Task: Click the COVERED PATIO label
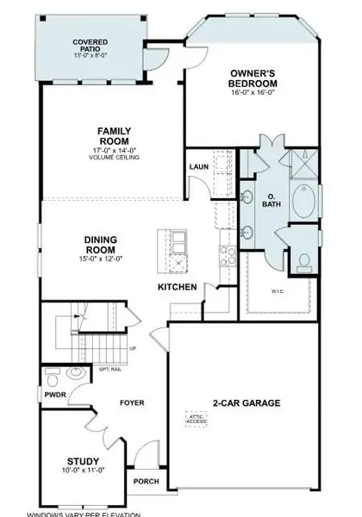(x=90, y=41)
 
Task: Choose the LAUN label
(x=198, y=166)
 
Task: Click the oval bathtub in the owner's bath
(x=303, y=201)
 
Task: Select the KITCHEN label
(x=177, y=287)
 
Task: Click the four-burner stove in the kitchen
(x=229, y=254)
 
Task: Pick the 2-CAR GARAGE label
(x=243, y=402)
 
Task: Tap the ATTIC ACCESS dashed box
(x=198, y=420)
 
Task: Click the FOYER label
(x=132, y=402)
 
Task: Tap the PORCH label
(x=146, y=481)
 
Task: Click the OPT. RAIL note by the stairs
(x=109, y=369)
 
